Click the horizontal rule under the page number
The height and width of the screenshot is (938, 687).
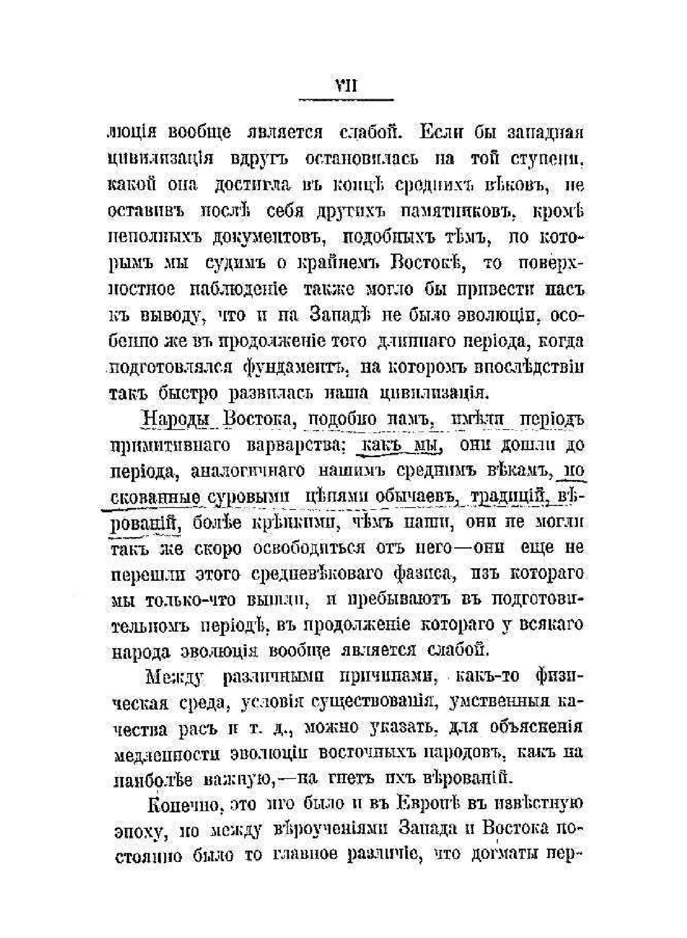tap(346, 100)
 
